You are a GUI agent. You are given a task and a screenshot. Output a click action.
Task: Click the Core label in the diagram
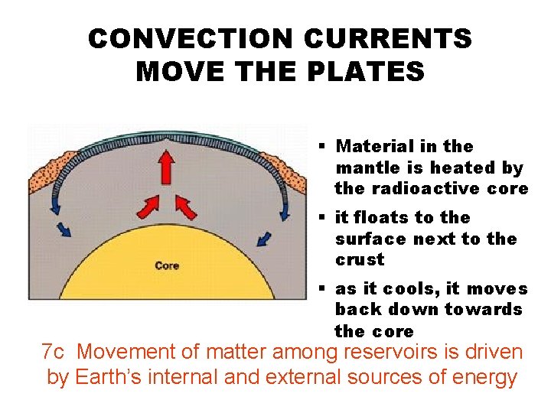pos(167,265)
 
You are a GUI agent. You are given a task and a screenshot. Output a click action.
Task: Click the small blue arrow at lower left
pos(65,229)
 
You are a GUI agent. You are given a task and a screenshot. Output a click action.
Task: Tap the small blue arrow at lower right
pos(265,239)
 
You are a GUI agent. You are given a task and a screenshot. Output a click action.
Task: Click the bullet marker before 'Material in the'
pos(324,145)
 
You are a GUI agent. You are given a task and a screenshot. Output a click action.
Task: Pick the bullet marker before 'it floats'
pos(324,218)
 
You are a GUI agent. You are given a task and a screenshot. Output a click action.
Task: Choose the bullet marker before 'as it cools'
pos(324,289)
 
